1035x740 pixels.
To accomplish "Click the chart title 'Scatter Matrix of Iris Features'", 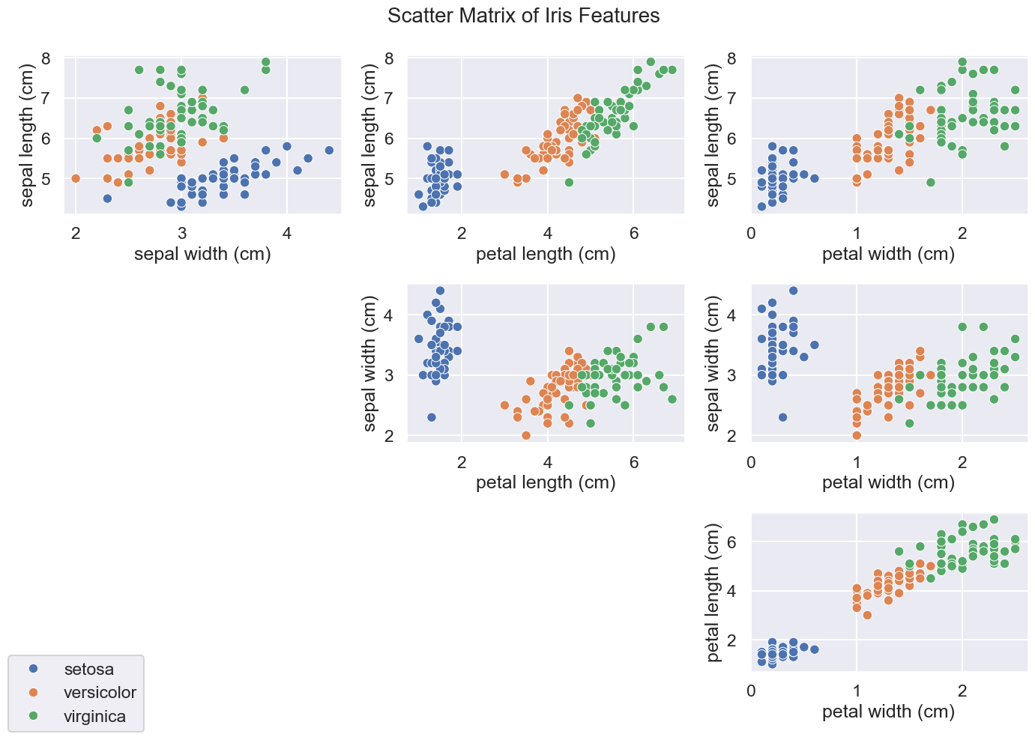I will pyautogui.click(x=523, y=16).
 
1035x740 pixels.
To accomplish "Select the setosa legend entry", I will pyautogui.click(x=88, y=669).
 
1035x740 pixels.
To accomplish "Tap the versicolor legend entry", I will pyautogui.click(x=100, y=693).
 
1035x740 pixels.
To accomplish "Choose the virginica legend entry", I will pyautogui.click(x=94, y=717).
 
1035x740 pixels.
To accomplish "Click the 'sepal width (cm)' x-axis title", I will pyautogui.click(x=202, y=255).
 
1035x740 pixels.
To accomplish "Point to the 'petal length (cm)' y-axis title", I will pyautogui.click(x=713, y=592).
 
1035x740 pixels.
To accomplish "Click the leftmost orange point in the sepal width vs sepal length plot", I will pyautogui.click(x=76, y=178).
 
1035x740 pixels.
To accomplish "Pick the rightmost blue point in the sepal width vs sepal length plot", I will pyautogui.click(x=329, y=150).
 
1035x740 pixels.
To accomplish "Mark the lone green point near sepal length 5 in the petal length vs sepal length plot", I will pyautogui.click(x=569, y=182).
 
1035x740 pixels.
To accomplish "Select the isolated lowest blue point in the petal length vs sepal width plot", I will pyautogui.click(x=431, y=417).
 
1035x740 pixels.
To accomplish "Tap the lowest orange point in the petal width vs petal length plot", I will pyautogui.click(x=867, y=615).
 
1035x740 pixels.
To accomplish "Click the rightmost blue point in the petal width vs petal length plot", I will pyautogui.click(x=814, y=649).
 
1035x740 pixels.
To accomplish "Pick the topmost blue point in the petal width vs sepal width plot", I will pyautogui.click(x=793, y=291).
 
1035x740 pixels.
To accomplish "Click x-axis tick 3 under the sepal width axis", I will pyautogui.click(x=181, y=233).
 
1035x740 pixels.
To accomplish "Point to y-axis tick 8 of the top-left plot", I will pyautogui.click(x=46, y=58).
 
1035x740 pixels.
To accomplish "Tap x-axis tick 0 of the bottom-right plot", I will pyautogui.click(x=751, y=690).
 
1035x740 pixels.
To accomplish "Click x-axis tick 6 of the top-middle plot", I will pyautogui.click(x=633, y=233).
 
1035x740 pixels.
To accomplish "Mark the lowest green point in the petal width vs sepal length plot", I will pyautogui.click(x=930, y=182).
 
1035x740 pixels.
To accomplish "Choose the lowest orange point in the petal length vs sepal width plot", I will pyautogui.click(x=526, y=435).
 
